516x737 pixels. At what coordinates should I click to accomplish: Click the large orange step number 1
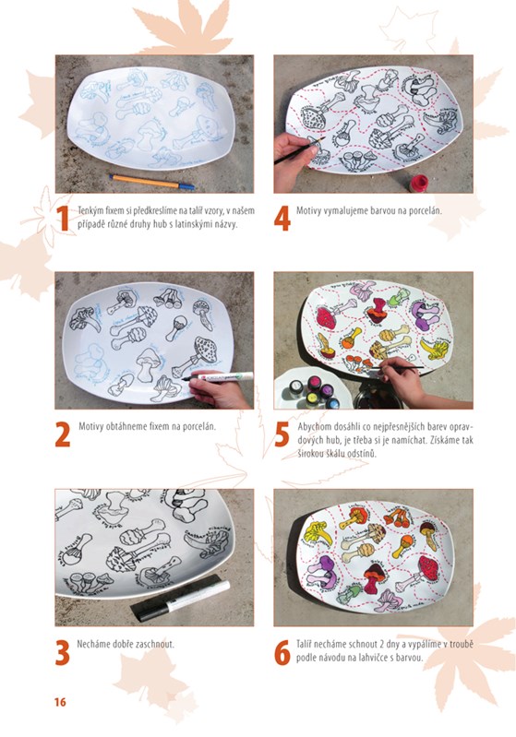(63, 219)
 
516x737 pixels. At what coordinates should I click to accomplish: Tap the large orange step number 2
(63, 435)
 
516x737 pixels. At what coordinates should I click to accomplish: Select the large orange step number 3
(63, 652)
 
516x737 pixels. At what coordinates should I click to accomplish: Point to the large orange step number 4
(282, 219)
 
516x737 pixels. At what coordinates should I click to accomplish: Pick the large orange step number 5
(282, 435)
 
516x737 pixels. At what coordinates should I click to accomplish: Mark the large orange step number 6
(282, 652)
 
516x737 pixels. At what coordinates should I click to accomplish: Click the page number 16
(60, 702)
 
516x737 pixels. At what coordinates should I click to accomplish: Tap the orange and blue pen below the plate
(152, 182)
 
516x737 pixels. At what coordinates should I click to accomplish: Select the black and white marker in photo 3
(181, 598)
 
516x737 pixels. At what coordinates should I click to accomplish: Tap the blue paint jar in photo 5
(331, 403)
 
